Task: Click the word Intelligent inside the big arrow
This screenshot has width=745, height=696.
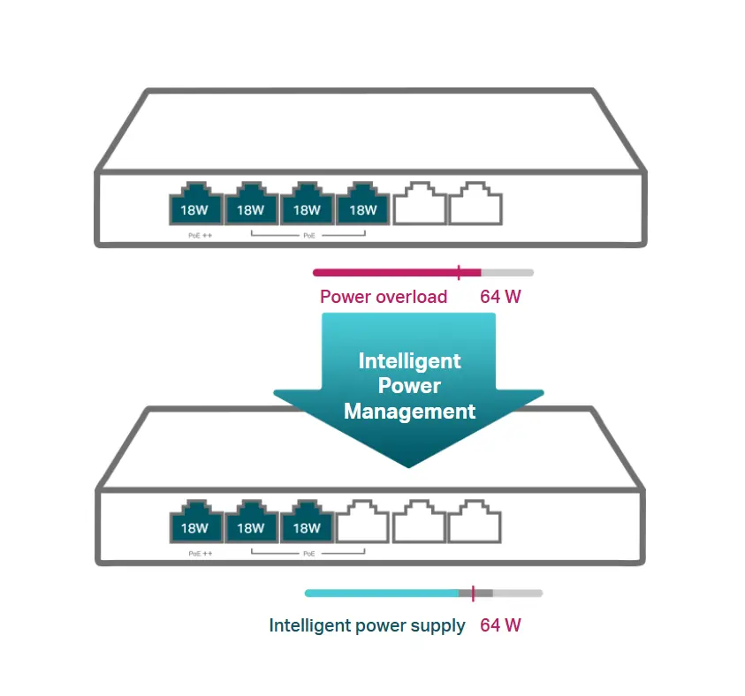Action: [409, 361]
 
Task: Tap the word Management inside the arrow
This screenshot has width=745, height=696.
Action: [409, 411]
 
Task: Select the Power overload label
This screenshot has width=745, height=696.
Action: [384, 297]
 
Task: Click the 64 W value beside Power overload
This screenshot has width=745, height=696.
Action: [500, 297]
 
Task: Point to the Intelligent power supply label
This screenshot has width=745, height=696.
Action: [367, 625]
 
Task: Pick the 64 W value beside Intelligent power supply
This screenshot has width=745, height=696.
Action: [500, 625]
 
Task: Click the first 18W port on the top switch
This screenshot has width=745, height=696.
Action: [195, 204]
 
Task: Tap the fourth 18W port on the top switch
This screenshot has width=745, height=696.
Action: [362, 204]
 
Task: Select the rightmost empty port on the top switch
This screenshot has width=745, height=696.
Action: [475, 204]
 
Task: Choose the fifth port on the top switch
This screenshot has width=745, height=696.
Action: [419, 204]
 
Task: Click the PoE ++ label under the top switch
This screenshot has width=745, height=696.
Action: [201, 236]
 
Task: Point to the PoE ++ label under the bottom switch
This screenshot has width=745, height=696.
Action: [201, 554]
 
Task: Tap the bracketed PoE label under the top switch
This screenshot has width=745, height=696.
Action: [308, 236]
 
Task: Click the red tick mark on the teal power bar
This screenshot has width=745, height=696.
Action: [473, 593]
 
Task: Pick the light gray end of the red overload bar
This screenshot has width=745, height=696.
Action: [507, 272]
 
